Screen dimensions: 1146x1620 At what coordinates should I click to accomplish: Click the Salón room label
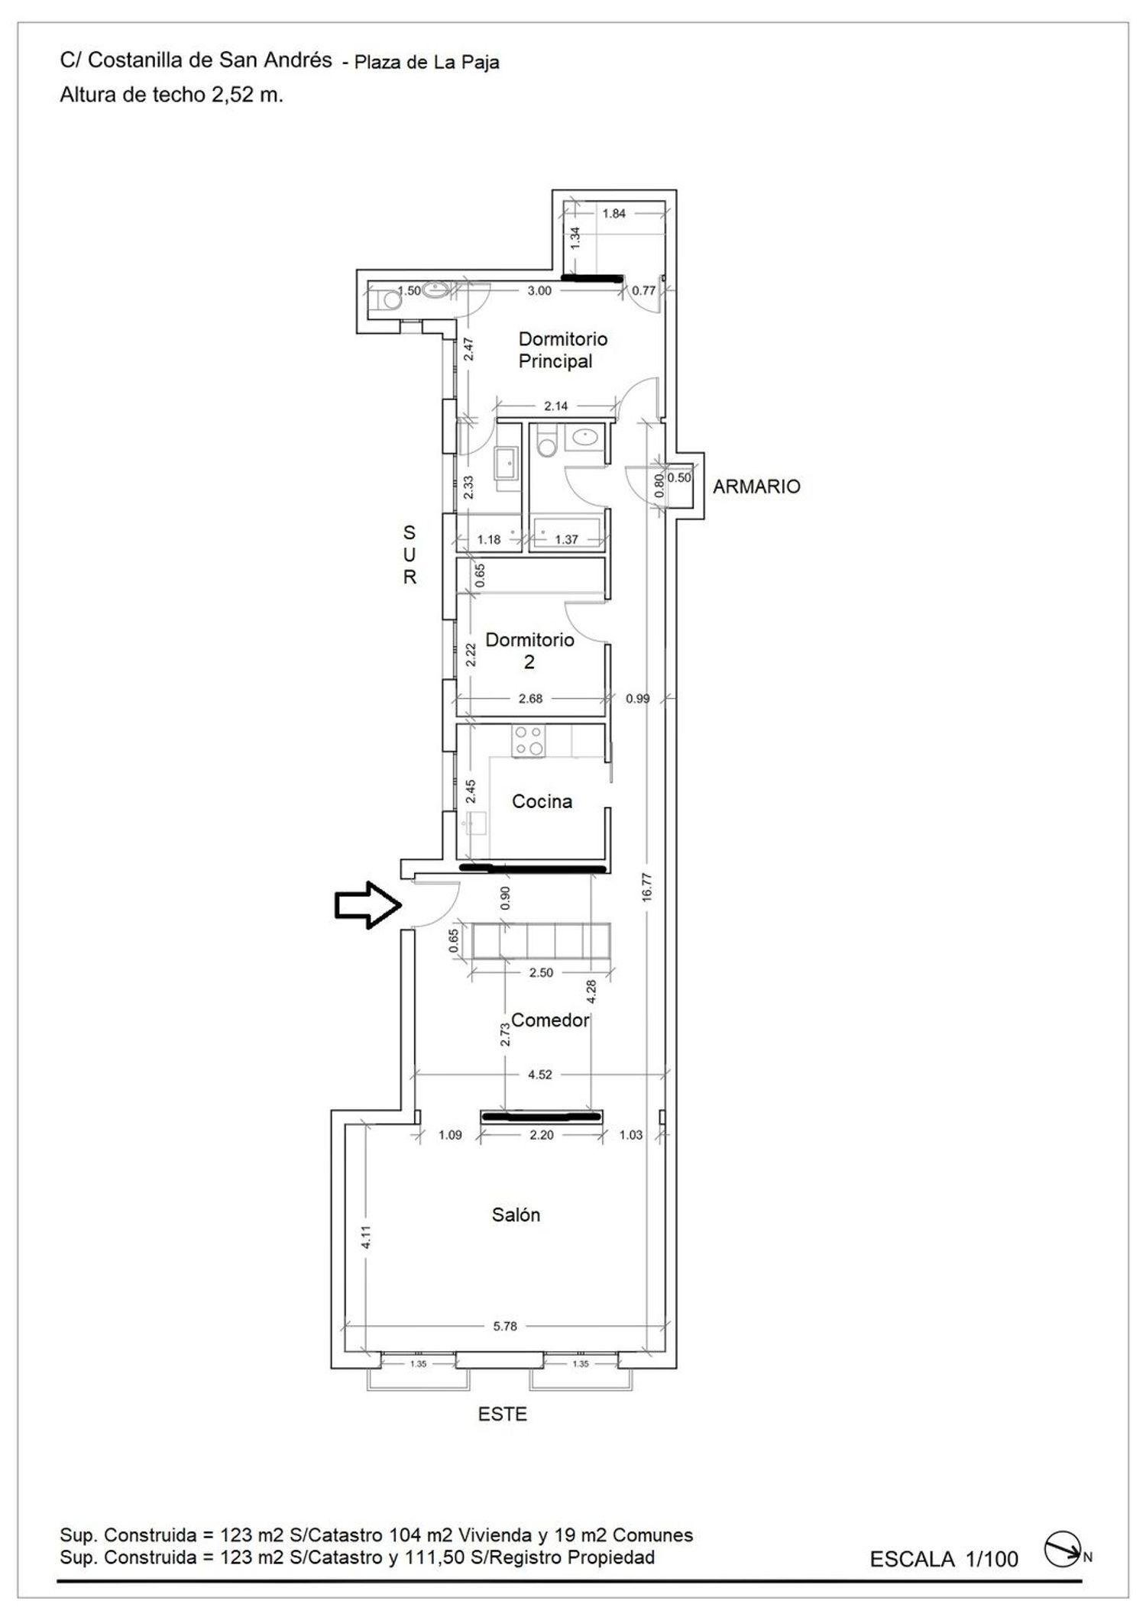tap(516, 1214)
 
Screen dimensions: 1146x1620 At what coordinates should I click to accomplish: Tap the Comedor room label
tap(550, 1020)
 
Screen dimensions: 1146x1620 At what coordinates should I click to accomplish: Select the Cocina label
tap(542, 801)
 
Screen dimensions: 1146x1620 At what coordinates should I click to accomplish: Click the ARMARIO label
tap(756, 487)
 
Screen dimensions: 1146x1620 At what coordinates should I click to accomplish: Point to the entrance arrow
tap(368, 905)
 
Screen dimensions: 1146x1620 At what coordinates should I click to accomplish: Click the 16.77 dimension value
tap(647, 888)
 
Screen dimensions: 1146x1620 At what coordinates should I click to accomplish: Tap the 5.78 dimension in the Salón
tap(505, 1326)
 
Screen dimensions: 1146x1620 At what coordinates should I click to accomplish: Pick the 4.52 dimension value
tap(539, 1074)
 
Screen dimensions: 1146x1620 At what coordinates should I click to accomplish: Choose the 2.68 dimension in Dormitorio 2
tap(529, 697)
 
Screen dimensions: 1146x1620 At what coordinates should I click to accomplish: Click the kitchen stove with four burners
tap(529, 740)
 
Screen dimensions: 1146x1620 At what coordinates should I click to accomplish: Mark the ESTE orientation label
tap(503, 1414)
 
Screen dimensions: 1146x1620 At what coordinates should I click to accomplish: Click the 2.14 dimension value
tap(555, 406)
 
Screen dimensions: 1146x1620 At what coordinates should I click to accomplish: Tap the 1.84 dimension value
tap(613, 213)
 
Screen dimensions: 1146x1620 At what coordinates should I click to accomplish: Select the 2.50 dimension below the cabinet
tap(541, 972)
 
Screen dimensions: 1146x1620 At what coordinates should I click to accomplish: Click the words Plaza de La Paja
tap(426, 63)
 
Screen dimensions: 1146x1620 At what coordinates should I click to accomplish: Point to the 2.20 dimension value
tap(541, 1134)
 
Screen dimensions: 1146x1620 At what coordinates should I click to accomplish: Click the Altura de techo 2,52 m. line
tap(172, 95)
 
